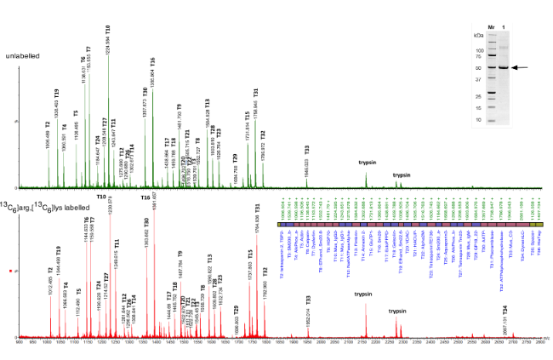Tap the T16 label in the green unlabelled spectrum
(152, 61)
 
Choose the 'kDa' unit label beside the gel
(477, 37)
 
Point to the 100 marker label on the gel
(479, 50)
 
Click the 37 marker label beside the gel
(480, 79)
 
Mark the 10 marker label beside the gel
(480, 120)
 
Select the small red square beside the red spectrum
(9, 248)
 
